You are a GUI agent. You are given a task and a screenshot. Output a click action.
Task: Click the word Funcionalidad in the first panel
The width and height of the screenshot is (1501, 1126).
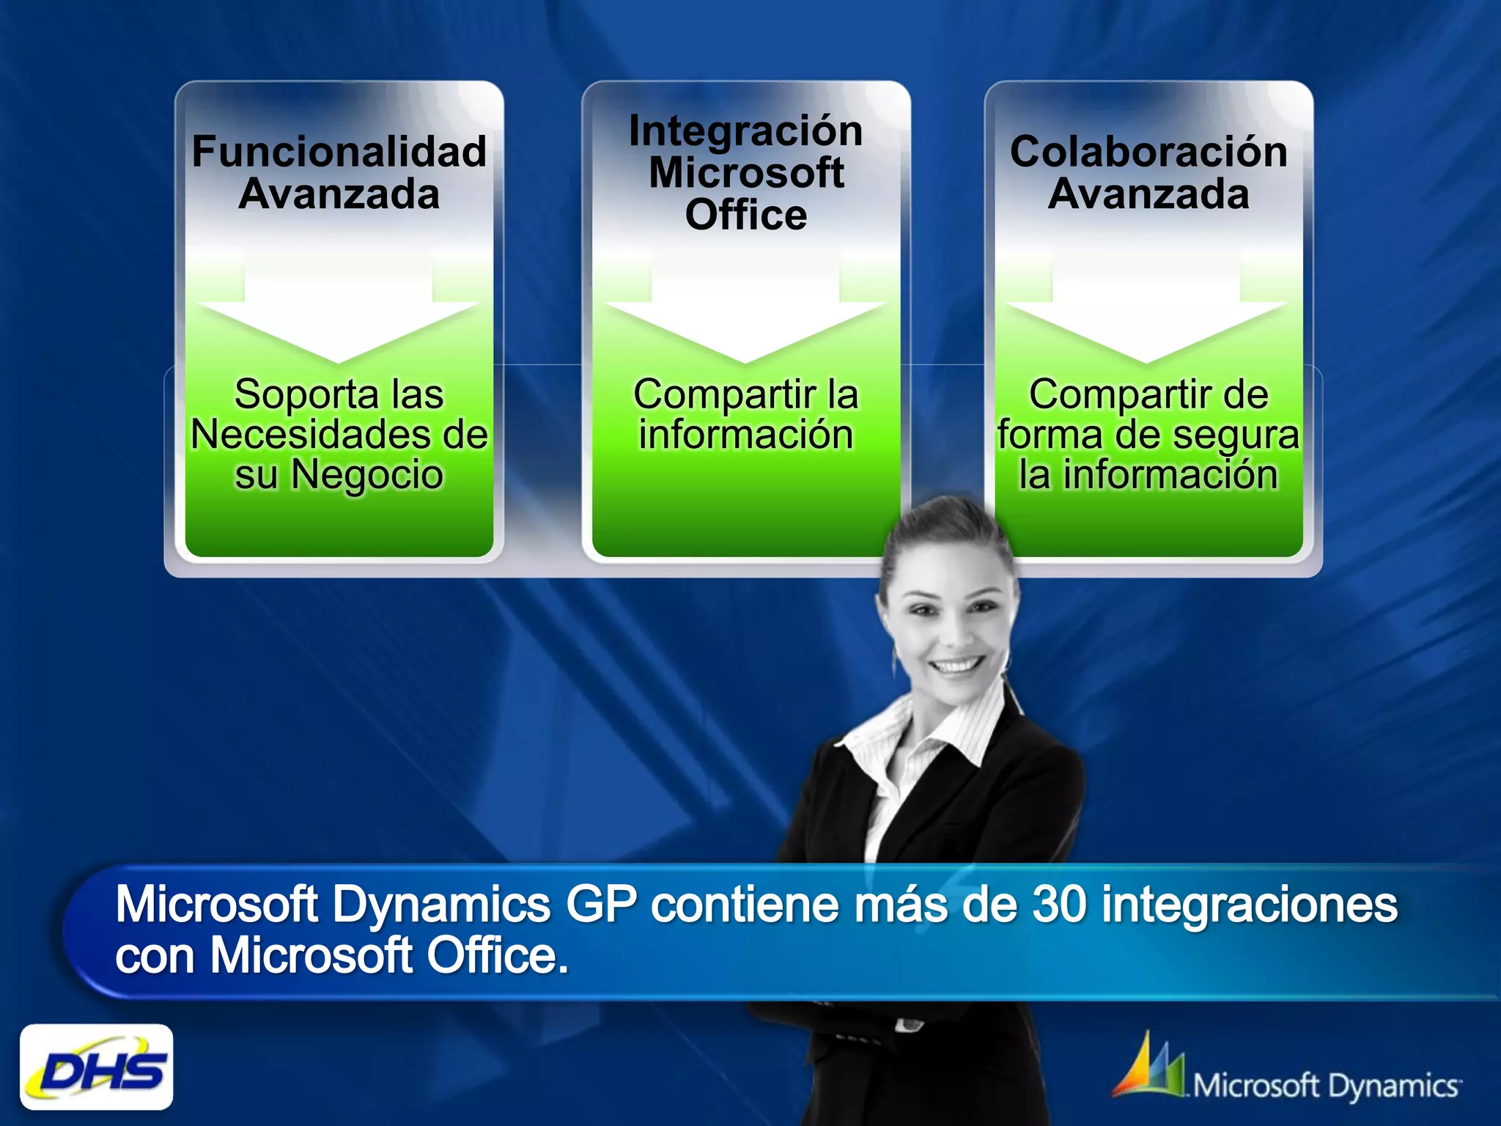click(339, 152)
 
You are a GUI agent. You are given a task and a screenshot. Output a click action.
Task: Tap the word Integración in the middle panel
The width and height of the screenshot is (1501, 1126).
click(745, 131)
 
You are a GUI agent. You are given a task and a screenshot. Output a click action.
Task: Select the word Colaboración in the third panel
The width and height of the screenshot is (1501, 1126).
click(1148, 152)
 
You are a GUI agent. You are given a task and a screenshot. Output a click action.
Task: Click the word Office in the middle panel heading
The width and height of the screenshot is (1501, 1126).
click(745, 215)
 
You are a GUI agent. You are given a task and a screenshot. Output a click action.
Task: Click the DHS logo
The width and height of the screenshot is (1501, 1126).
click(97, 1067)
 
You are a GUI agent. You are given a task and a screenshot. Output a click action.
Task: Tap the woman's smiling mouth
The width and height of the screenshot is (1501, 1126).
click(956, 666)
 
